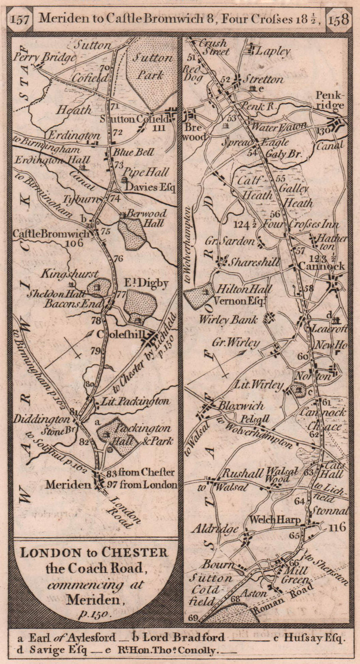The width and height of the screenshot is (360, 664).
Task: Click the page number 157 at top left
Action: [x=20, y=20]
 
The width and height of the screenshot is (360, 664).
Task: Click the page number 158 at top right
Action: [x=338, y=20]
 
